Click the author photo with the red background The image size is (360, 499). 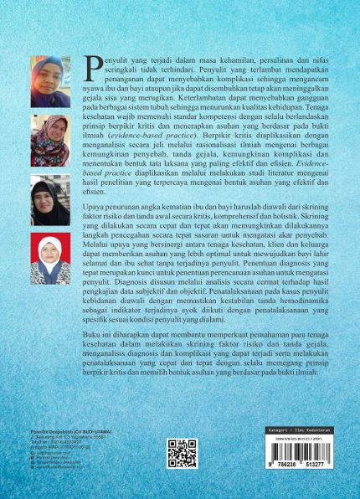(x=50, y=260)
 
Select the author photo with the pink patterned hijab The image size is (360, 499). (x=50, y=141)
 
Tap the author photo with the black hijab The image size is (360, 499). (x=50, y=202)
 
